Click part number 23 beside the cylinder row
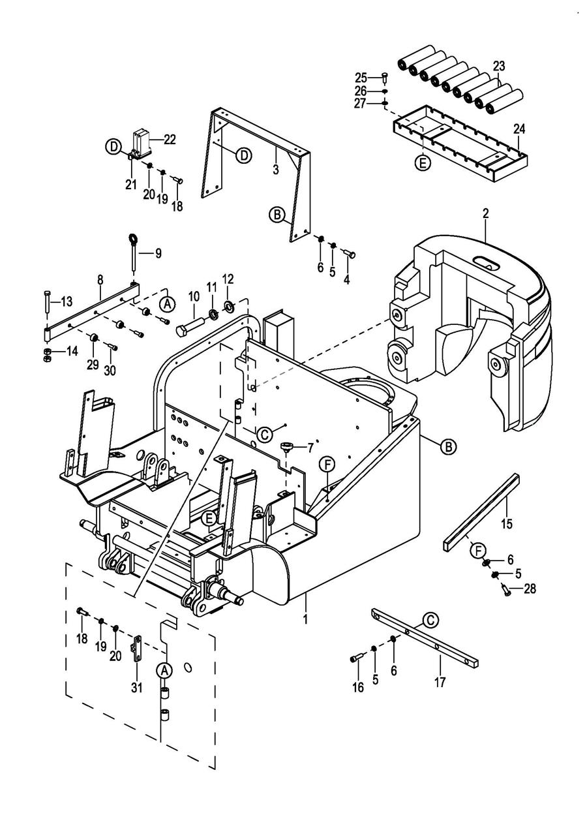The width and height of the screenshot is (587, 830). coord(498,67)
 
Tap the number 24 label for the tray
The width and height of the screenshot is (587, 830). coord(519,129)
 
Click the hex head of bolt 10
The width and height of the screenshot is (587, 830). coord(182,331)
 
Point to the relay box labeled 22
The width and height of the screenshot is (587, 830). coord(141,144)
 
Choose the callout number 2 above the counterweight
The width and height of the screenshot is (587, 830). coord(485,213)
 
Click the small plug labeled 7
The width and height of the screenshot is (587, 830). coord(286,446)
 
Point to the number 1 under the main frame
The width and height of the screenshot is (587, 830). coord(305,619)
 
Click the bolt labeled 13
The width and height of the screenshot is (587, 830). coord(47,304)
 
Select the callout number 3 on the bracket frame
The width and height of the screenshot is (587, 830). coord(275,170)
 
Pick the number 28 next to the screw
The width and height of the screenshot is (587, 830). coord(529,589)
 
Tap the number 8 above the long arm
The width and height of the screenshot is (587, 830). coord(100,280)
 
